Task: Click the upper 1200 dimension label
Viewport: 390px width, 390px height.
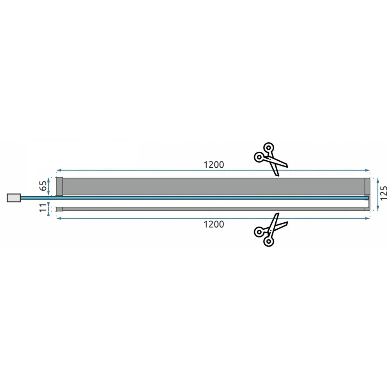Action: pos(214,165)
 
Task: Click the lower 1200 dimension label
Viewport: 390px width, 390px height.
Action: pos(214,224)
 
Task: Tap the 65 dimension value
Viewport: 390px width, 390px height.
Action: pos(43,186)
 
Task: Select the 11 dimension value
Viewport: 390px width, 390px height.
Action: pos(43,207)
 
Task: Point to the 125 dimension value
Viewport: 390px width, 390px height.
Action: pos(384,193)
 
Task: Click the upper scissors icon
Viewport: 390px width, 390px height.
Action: pos(270,159)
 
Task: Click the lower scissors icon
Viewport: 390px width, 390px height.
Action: pos(270,230)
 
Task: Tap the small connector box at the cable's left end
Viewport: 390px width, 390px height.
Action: pos(14,198)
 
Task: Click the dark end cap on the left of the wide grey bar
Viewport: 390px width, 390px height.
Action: pos(59,186)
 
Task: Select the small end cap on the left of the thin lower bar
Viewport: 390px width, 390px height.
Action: pos(59,209)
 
